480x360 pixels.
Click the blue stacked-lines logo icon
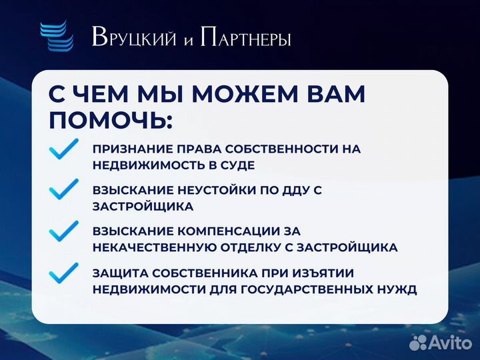click(57, 37)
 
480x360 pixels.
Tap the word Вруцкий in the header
click(133, 38)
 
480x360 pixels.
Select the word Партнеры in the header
click(246, 38)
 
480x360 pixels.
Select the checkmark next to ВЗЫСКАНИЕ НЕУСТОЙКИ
click(64, 189)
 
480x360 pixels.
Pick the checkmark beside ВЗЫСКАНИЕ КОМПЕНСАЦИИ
click(64, 231)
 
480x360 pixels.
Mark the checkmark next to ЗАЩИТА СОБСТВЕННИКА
click(64, 273)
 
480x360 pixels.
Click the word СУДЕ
click(236, 165)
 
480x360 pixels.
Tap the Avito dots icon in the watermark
click(419, 342)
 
